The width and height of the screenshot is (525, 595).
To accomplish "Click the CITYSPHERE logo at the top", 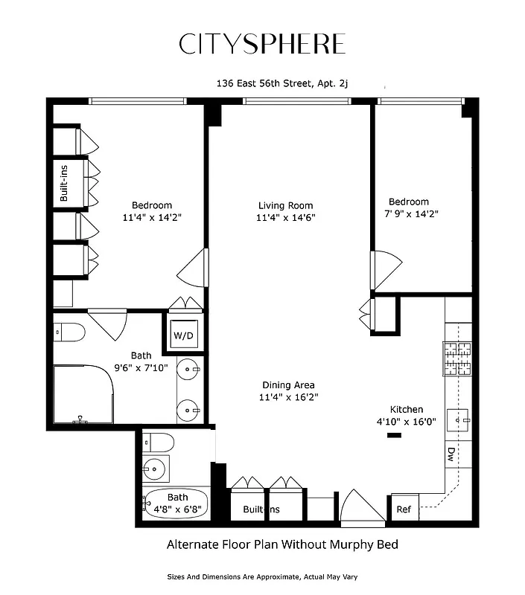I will point(262,44).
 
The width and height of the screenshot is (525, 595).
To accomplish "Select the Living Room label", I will point(285,205).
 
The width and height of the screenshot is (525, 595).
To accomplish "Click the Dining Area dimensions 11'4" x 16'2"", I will point(287,398).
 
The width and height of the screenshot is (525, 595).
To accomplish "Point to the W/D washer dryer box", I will point(183,335).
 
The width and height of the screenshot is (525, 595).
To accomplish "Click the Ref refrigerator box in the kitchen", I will point(403,509).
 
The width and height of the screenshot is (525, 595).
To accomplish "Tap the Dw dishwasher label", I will point(451,453).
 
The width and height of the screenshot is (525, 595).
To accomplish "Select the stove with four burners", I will point(458,357).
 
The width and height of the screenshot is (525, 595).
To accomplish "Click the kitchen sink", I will point(459,422).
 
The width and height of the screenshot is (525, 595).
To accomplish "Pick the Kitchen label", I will point(407,409).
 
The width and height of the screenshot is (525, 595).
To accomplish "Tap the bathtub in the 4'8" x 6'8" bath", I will point(174,504).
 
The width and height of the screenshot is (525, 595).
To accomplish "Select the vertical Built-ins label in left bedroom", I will point(65,183).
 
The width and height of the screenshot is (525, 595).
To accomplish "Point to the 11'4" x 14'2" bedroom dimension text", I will point(152,218).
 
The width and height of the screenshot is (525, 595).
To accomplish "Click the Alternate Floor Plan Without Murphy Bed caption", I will point(281,544).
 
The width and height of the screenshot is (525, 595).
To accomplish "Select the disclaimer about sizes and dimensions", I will point(262,576).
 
